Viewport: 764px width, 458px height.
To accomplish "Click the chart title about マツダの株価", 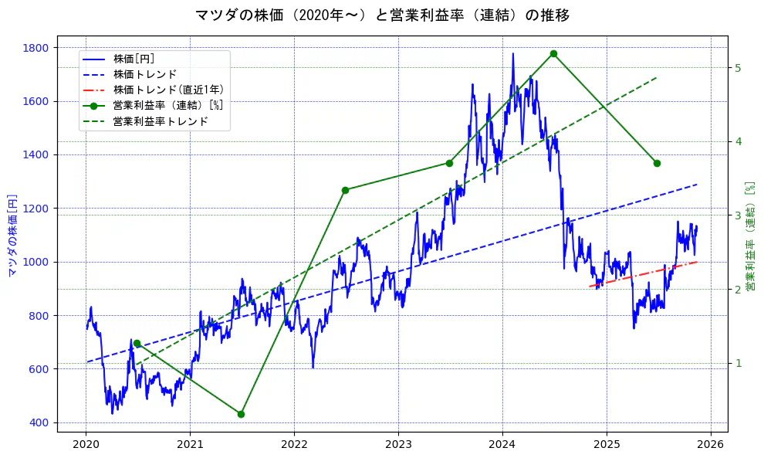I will point(382,15).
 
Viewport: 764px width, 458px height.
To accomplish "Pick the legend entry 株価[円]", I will point(134,59).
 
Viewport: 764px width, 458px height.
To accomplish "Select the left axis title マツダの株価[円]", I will point(12,235).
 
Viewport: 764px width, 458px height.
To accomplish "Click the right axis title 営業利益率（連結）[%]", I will point(749,235).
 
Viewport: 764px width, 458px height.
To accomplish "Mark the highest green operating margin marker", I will point(553,53).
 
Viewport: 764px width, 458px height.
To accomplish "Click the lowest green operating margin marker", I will point(241,414).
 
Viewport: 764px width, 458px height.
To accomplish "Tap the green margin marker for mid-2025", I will point(657,163).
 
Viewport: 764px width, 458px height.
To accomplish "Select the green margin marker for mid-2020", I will point(137,343).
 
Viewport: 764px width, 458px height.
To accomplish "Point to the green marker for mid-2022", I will point(345,190).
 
